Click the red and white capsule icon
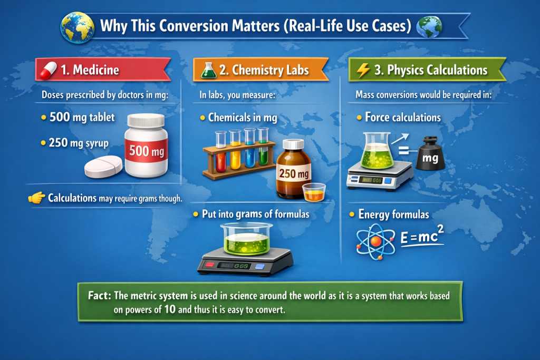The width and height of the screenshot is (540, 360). tap(48, 70)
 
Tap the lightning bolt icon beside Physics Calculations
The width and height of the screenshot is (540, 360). tap(363, 70)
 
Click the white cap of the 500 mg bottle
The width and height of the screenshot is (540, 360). tap(146, 120)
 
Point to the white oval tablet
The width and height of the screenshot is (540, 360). tap(103, 167)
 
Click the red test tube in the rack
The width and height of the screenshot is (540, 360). tap(221, 151)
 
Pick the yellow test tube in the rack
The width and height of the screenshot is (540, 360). tap(235, 150)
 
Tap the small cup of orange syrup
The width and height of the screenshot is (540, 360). tap(314, 192)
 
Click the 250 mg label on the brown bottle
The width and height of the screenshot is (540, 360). tap(294, 173)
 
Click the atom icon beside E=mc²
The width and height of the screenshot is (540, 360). tap(375, 241)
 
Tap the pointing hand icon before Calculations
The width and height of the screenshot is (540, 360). tap(37, 198)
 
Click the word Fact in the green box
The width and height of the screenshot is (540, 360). tap(99, 295)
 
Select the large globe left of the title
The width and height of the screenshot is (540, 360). tap(78, 27)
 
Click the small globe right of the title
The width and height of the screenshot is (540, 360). tap(429, 26)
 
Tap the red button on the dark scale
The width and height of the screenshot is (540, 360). tap(209, 264)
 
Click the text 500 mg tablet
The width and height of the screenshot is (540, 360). tap(82, 118)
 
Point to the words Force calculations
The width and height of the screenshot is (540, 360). tap(402, 118)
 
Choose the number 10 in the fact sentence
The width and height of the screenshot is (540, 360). tap(170, 309)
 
